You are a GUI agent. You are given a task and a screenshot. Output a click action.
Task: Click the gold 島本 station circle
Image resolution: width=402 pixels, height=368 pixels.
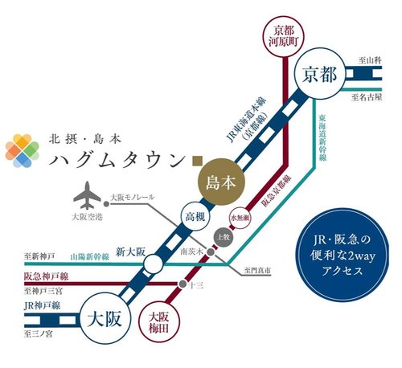[219, 182]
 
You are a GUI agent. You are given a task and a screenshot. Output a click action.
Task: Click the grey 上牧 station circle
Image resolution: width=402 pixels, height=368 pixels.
[224, 236]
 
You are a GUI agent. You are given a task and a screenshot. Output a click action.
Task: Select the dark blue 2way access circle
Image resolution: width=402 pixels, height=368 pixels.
[330, 255]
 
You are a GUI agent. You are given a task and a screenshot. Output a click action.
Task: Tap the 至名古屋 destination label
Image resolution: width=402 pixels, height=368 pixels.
[367, 98]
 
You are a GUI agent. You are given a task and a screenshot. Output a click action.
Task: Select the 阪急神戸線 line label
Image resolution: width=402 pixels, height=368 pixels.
[47, 276]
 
